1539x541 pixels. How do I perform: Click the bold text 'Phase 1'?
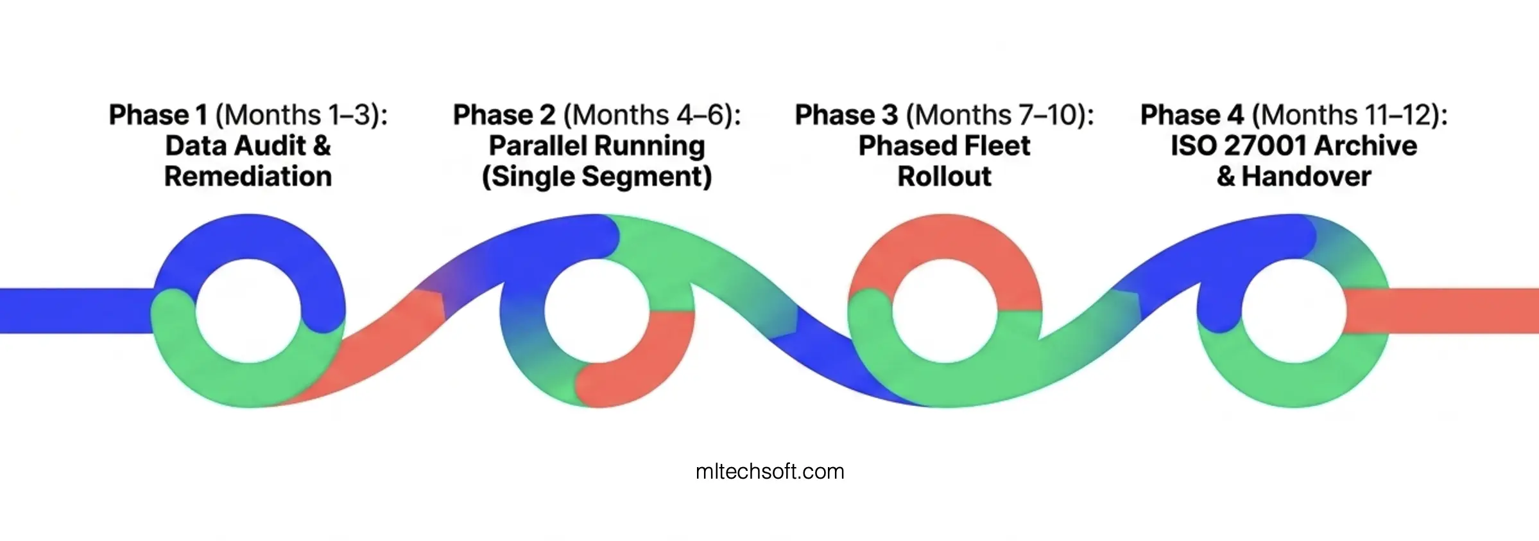tap(158, 115)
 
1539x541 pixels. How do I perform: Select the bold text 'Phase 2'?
tap(504, 115)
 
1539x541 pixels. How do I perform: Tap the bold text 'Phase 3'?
tap(847, 115)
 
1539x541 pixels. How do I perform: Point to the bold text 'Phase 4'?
tap(1192, 115)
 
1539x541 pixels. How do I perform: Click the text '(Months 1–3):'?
tap(302, 116)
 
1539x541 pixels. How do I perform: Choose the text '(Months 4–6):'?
tap(652, 116)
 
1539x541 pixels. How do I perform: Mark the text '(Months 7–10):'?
tap(1000, 116)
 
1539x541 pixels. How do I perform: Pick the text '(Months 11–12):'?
tap(1350, 116)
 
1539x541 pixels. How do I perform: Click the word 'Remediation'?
tap(248, 177)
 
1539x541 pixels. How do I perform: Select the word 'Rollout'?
tap(945, 177)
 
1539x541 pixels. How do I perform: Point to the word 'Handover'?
tap(1307, 177)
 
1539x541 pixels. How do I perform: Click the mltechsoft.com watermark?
tap(770, 472)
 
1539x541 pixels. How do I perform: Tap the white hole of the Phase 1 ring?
tap(248, 311)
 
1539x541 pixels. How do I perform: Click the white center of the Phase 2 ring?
tap(597, 311)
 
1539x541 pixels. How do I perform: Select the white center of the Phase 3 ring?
tap(945, 311)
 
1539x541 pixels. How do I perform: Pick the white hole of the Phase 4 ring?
tap(1294, 311)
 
